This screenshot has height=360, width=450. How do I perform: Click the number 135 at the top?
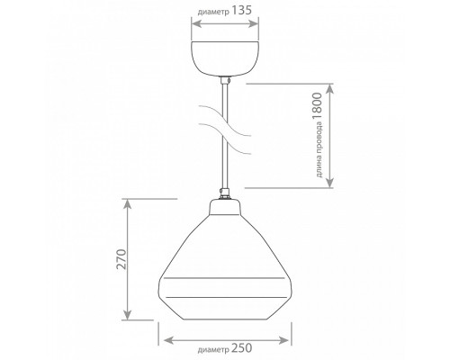click(241, 11)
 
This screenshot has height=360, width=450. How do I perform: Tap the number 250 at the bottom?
click(242, 348)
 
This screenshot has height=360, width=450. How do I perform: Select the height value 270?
click(122, 259)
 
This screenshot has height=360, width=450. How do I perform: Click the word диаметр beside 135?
click(213, 13)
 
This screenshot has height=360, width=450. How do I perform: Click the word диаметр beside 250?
click(213, 350)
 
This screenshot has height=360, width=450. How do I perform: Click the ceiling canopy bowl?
click(225, 58)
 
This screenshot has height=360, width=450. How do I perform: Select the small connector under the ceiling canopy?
click(225, 80)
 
